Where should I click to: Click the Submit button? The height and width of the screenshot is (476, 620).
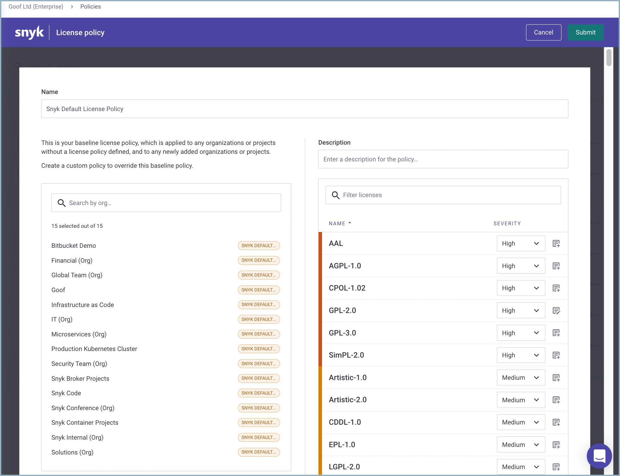[x=585, y=32]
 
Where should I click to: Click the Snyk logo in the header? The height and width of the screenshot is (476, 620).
[x=29, y=32]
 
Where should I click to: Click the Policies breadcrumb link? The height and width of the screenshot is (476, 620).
[x=90, y=7]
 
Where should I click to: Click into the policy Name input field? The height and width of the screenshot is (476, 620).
[x=304, y=109]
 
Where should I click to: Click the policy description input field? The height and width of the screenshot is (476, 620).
[x=443, y=159]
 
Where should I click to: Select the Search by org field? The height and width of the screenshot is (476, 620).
[x=166, y=203]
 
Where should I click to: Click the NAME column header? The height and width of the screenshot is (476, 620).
[x=337, y=223]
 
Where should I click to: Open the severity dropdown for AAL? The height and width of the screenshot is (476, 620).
[x=521, y=243]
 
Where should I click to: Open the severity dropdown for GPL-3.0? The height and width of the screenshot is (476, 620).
[x=521, y=333]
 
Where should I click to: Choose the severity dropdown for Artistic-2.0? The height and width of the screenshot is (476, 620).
[x=521, y=400]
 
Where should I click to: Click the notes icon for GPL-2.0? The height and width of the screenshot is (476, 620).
[x=556, y=311]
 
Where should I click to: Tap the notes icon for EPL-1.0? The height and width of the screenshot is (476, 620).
[x=556, y=445]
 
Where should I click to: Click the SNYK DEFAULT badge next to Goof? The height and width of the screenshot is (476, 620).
[x=258, y=290]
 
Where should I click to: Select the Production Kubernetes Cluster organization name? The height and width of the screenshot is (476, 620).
[x=94, y=349]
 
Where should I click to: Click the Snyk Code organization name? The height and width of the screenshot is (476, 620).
[x=66, y=393]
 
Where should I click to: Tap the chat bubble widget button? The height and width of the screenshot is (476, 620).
[x=599, y=456]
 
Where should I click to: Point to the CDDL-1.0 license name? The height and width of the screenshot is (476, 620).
[x=345, y=422]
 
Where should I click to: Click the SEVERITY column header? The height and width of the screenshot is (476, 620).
[x=507, y=223]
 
